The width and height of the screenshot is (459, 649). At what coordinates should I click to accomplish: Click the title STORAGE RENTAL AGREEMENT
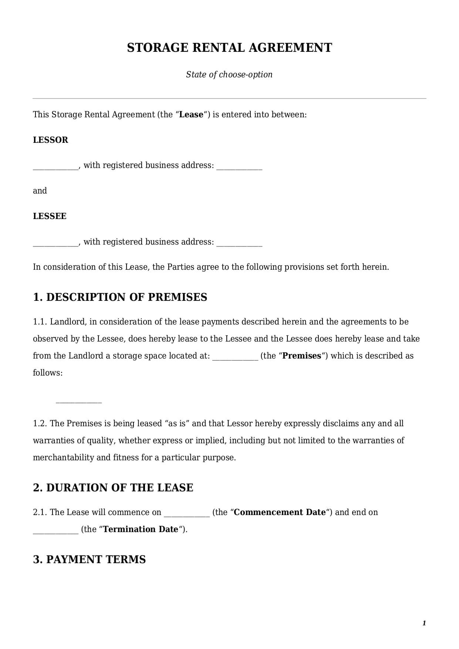[x=229, y=48]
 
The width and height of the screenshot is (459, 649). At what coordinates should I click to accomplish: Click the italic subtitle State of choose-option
[x=229, y=74]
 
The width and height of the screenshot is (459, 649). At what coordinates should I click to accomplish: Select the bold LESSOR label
[x=51, y=140]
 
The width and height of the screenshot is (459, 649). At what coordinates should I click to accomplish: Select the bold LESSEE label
[x=50, y=216]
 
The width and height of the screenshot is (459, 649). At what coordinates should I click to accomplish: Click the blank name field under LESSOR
[x=55, y=167]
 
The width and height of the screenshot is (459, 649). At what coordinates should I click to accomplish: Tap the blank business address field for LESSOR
[x=239, y=167]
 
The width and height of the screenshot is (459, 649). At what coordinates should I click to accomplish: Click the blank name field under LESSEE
[x=55, y=243]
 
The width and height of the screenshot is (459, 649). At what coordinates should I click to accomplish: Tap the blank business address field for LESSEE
[x=239, y=243]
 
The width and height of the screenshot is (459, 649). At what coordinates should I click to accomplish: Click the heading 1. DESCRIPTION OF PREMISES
[x=120, y=297]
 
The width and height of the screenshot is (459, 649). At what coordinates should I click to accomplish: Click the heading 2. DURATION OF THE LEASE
[x=113, y=488]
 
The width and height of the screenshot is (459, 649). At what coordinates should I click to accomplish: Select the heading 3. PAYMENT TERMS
[x=89, y=559]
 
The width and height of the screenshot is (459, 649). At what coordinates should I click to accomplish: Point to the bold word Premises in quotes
[x=302, y=356]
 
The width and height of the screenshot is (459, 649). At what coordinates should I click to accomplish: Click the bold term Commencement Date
[x=280, y=512]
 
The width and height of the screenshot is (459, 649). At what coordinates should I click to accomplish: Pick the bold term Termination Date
[x=141, y=529]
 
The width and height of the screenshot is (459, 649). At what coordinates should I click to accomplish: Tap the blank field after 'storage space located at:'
[x=235, y=357]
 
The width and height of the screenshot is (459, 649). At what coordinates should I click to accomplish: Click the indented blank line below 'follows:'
[x=78, y=401]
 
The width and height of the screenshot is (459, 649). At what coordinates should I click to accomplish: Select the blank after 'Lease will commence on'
[x=187, y=514]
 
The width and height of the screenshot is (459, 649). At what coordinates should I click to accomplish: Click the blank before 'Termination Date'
[x=55, y=531]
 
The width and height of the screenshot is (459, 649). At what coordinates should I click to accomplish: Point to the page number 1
[x=424, y=623]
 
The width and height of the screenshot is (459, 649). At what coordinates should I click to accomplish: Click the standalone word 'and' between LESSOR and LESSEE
[x=40, y=191]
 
